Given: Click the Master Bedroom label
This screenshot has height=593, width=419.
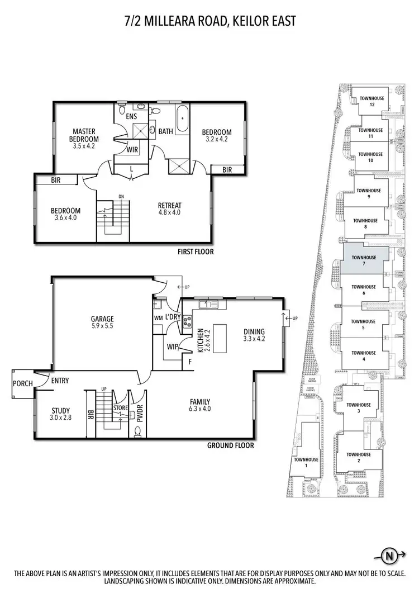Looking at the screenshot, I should [x=84, y=132].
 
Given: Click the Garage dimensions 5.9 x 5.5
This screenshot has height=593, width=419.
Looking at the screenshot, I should [x=102, y=326].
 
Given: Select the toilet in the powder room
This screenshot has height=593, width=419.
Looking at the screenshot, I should [x=137, y=431].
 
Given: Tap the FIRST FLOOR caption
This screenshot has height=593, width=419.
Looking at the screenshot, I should [x=196, y=252].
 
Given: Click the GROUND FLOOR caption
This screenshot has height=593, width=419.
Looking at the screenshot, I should [x=231, y=445].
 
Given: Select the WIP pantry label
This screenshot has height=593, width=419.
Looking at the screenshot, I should [x=172, y=347].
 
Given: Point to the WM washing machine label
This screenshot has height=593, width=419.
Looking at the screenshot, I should [x=158, y=319].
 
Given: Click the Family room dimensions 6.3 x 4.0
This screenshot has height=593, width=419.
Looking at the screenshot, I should [x=199, y=409].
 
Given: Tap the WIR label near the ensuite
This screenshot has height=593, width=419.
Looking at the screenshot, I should [x=132, y=150].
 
